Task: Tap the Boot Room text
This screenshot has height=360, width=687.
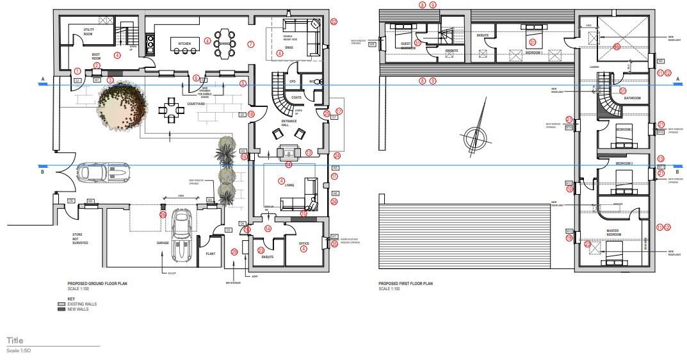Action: click(96, 57)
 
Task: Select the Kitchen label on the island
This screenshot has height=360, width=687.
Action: click(184, 44)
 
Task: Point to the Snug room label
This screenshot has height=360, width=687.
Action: click(290, 47)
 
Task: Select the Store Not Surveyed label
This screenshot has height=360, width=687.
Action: click(81, 239)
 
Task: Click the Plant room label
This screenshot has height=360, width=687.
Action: click(211, 253)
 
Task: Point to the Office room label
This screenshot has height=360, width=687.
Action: click(304, 243)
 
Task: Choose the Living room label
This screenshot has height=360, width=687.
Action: click(290, 184)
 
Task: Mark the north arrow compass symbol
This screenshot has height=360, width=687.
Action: click(473, 138)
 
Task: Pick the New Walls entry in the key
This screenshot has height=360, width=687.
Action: click(77, 309)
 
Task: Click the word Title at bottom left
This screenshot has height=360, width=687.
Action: click(15, 340)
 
